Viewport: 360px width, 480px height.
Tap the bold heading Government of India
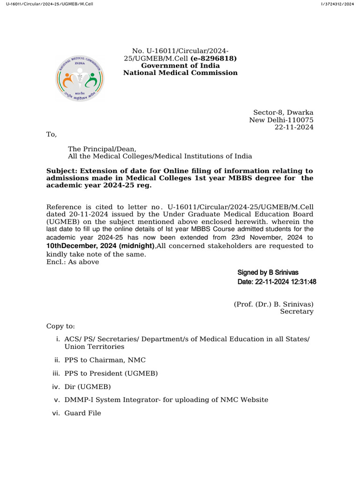coord(180,66)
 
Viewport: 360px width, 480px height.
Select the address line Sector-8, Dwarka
coord(283,112)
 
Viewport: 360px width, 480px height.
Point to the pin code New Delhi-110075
coord(281,120)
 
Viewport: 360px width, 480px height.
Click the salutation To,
coord(51,135)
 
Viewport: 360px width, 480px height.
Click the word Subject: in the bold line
coord(62,171)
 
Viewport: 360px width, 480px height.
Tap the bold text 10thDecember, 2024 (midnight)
coord(100,246)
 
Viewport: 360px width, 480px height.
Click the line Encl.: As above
coord(73,262)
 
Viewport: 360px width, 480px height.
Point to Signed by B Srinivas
coord(268,272)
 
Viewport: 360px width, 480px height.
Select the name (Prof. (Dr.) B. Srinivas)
coord(273,304)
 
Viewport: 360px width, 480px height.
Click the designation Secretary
coord(297,311)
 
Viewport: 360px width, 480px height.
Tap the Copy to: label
coord(60,326)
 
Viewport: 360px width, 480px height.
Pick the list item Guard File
coord(82,413)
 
